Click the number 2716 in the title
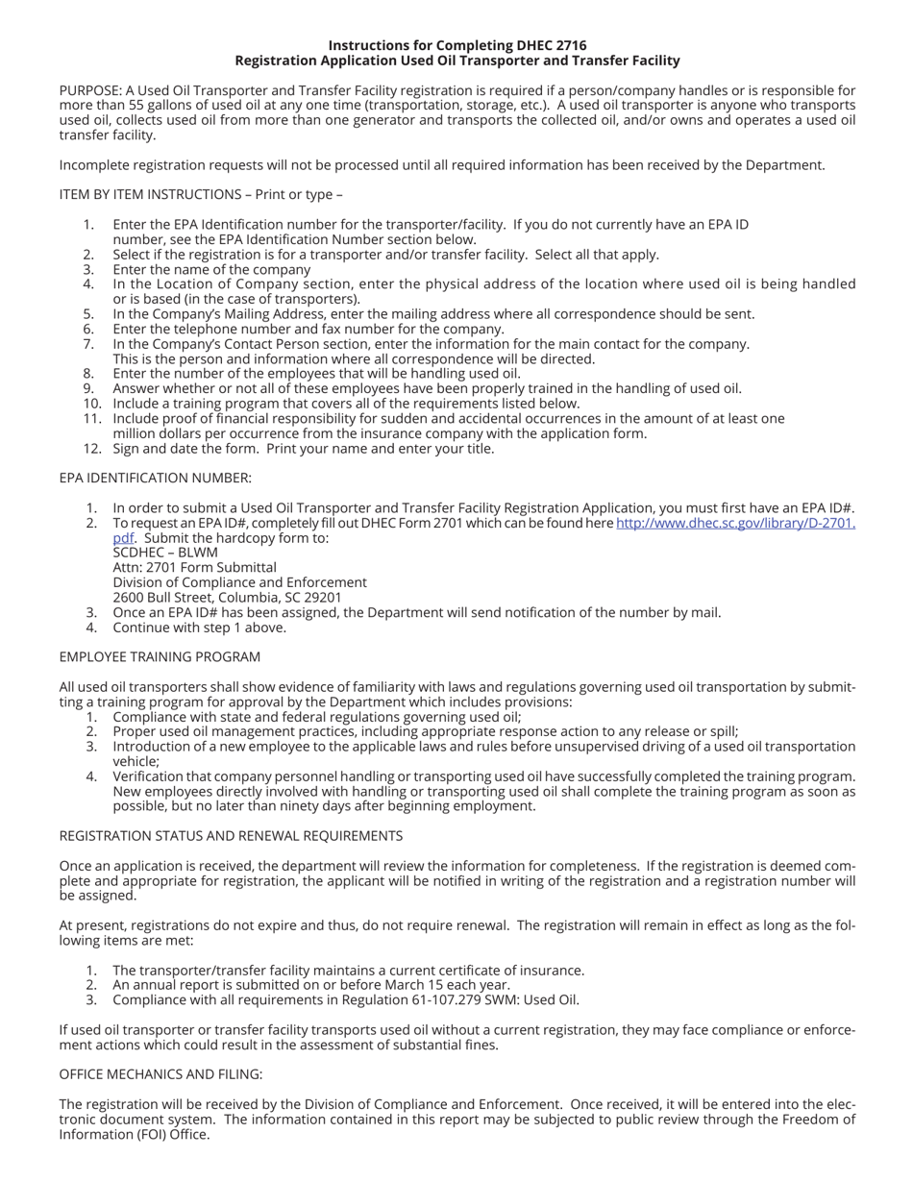(x=568, y=45)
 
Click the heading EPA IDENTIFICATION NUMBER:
(x=155, y=478)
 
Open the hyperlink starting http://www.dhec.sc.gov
(x=735, y=523)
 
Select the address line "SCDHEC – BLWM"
(x=165, y=553)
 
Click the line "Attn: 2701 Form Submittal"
(x=194, y=568)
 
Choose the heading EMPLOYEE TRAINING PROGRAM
(x=160, y=657)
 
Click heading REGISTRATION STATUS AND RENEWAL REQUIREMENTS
(x=231, y=836)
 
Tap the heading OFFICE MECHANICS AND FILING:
(x=160, y=1074)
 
